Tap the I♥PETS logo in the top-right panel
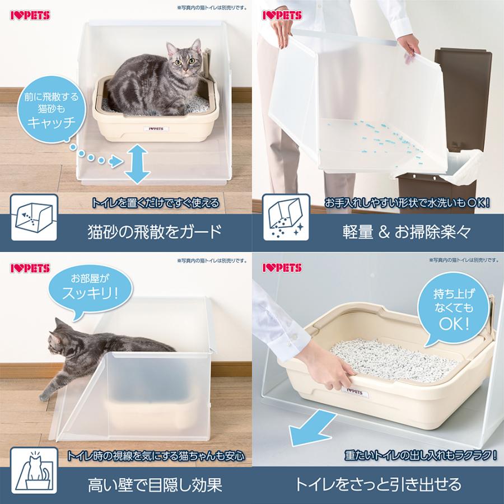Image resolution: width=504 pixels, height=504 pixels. pyautogui.click(x=282, y=16)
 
